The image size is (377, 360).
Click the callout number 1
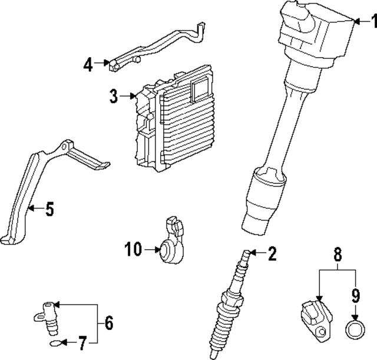click(374, 21)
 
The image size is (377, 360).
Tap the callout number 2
click(272, 253)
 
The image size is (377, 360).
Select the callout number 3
click(114, 96)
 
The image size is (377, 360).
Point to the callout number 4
click(88, 64)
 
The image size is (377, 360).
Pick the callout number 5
click(49, 209)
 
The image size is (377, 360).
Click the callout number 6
click(108, 323)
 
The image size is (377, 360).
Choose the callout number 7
click(82, 343)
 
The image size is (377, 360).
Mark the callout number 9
click(356, 295)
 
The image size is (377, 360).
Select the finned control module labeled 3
click(174, 118)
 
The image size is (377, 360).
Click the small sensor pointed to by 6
click(47, 318)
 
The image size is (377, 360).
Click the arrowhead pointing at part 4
click(106, 63)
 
